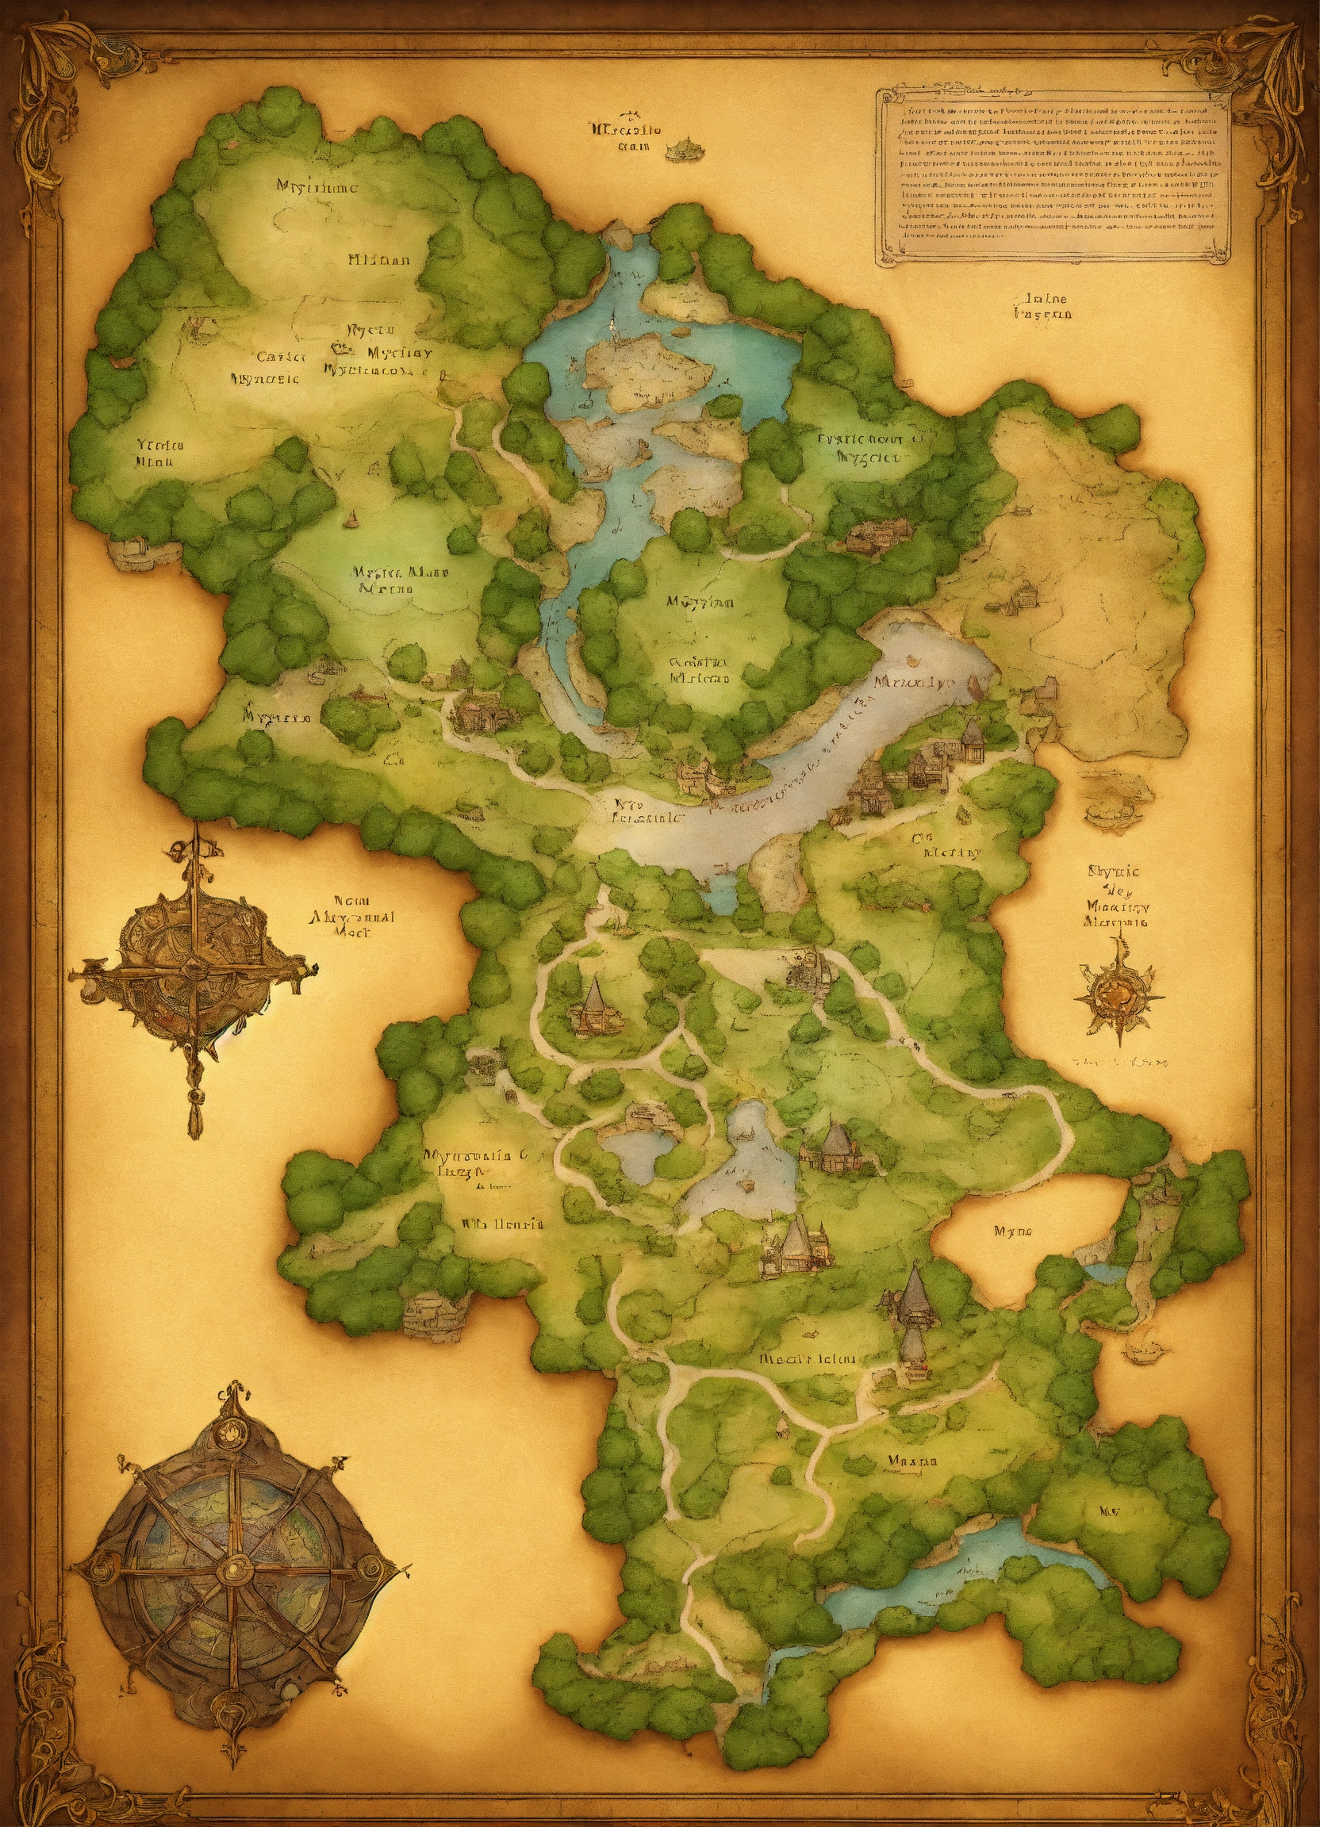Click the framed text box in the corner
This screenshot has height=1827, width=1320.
click(x=1054, y=174)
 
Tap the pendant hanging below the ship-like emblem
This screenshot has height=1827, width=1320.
click(x=195, y=1116)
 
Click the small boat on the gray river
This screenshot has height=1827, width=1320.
click(x=915, y=661)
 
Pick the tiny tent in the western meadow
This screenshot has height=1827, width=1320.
click(x=351, y=519)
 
